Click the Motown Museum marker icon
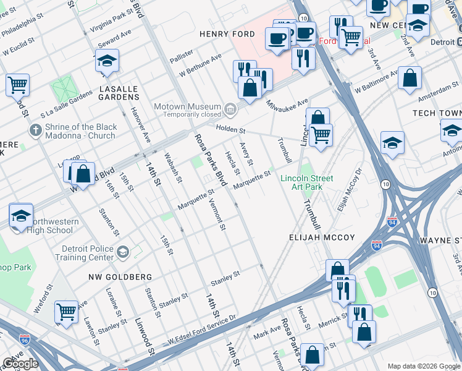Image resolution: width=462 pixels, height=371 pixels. tap(230, 110)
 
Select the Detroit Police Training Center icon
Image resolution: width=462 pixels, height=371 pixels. tap(123, 252)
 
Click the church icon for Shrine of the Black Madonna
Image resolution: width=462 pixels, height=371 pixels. tap(35, 131)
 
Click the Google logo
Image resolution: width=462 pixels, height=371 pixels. tap(20, 363)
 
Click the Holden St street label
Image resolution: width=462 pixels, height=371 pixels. tap(230, 130)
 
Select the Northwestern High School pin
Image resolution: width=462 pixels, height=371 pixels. tap(21, 216)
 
